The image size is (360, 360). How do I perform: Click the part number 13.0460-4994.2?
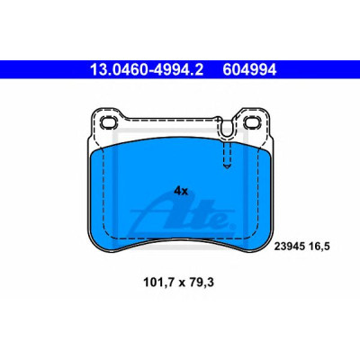click(147, 70)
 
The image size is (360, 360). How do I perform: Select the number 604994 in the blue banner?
click(249, 70)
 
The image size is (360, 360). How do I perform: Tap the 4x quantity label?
click(181, 191)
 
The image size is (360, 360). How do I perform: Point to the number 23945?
click(288, 247)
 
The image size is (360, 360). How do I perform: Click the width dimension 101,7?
click(159, 283)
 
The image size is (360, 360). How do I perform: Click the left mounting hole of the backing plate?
click(109, 122)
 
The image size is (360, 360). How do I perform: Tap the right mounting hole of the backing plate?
click(251, 122)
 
